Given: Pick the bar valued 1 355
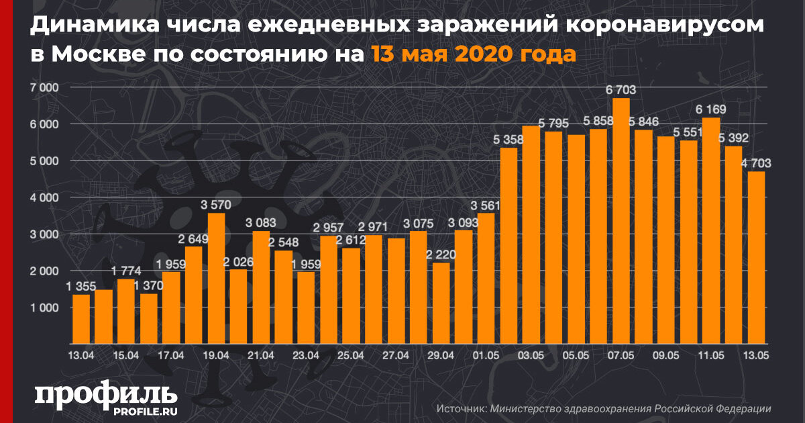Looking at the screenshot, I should pyautogui.click(x=81, y=318).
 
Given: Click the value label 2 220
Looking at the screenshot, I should pyautogui.click(x=441, y=255).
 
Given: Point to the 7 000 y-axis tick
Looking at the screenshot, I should pyautogui.click(x=44, y=88).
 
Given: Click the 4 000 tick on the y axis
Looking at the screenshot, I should pyautogui.click(x=44, y=198).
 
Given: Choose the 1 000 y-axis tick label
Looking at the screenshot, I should pyautogui.click(x=44, y=308).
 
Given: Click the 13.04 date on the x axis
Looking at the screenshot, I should pyautogui.click(x=81, y=355).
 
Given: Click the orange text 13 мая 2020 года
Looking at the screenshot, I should pyautogui.click(x=472, y=54).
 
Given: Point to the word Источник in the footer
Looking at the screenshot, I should pyautogui.click(x=460, y=408).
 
